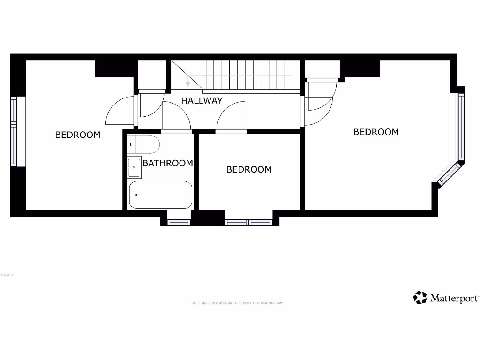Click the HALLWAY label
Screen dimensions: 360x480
pyautogui.click(x=202, y=100)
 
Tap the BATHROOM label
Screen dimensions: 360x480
pyautogui.click(x=167, y=163)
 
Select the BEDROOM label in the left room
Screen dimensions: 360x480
pyautogui.click(x=78, y=135)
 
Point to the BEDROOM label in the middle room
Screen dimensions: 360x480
pyautogui.click(x=248, y=169)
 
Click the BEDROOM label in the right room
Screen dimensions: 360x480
pyautogui.click(x=375, y=132)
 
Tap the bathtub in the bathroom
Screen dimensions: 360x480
pyautogui.click(x=160, y=195)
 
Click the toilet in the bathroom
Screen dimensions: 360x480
pyautogui.click(x=144, y=144)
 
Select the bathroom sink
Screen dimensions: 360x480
pyautogui.click(x=134, y=167)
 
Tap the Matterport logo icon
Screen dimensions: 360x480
pyautogui.click(x=420, y=298)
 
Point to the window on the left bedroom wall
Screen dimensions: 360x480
pyautogui.click(x=14, y=131)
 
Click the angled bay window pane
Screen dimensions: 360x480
pyautogui.click(x=449, y=172)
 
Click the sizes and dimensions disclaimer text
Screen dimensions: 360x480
pyautogui.click(x=237, y=303)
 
